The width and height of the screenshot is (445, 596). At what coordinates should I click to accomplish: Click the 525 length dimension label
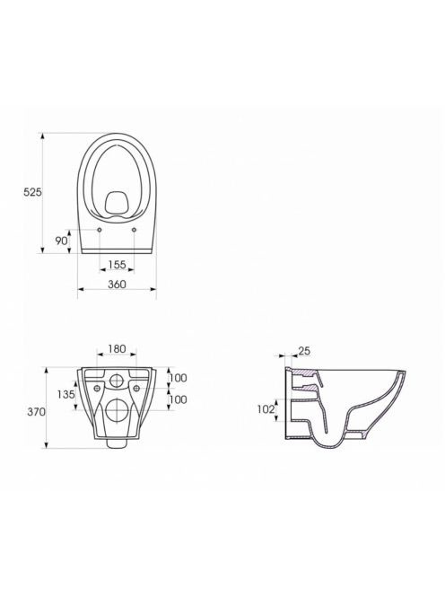tap(32, 192)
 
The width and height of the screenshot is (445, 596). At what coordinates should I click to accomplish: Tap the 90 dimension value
tap(61, 241)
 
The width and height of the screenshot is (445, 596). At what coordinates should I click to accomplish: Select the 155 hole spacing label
tap(117, 265)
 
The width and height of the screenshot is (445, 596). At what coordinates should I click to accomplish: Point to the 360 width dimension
tap(117, 284)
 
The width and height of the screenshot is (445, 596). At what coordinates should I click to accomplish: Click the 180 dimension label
tap(117, 348)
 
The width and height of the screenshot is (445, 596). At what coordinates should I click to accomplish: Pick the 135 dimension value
tap(66, 395)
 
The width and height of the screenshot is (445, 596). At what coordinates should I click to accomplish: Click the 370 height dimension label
tap(36, 412)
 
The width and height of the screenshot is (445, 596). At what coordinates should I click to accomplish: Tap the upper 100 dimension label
tap(178, 378)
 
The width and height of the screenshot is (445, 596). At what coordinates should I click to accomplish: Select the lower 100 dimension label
tap(178, 399)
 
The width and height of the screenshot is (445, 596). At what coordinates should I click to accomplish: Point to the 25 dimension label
tap(304, 351)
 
